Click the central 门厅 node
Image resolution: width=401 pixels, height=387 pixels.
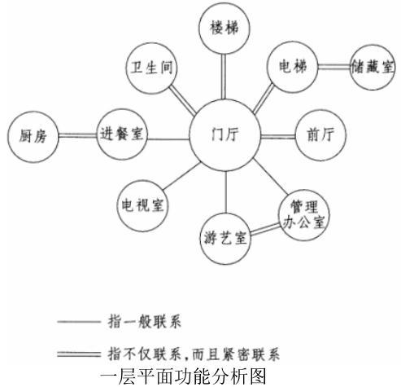click(224, 135)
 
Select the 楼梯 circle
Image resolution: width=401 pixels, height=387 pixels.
click(224, 28)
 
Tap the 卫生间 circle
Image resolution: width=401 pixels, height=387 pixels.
click(151, 68)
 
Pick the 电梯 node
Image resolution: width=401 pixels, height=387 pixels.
click(292, 67)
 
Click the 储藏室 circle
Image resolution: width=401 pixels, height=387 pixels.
click(373, 67)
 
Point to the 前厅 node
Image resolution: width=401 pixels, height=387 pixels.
click(320, 135)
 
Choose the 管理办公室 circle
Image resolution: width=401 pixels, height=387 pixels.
click(304, 215)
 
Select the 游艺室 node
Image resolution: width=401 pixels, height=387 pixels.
click(225, 239)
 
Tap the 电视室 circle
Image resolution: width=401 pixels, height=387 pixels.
click(142, 205)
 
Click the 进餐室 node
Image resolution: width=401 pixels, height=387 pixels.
click(122, 134)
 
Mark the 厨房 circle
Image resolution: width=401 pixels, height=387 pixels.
click(33, 137)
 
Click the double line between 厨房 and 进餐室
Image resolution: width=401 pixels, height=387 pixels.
click(78, 135)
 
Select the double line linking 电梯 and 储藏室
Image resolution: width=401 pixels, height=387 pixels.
click(333, 67)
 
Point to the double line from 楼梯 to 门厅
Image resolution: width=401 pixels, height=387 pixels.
click(224, 77)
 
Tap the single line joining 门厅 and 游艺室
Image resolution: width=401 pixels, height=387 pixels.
click(225, 192)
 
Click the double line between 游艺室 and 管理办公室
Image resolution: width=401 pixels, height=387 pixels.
click(265, 229)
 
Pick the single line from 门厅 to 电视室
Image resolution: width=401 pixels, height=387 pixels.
click(182, 176)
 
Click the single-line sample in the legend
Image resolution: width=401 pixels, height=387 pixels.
click(79, 322)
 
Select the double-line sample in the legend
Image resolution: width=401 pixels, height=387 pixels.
click(79, 354)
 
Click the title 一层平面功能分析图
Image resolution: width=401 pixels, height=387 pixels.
click(183, 376)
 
